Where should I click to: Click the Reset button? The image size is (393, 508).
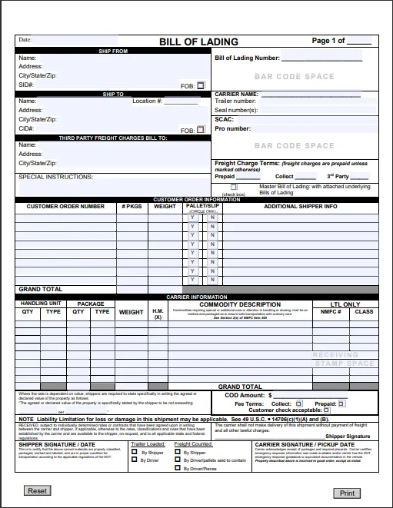(38, 490)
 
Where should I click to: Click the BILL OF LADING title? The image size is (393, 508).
(198, 42)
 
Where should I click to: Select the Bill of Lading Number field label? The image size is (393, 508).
(246, 58)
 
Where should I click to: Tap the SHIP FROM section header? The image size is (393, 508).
(113, 51)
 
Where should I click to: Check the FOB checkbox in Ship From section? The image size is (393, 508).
(201, 85)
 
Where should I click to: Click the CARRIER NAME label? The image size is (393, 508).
(237, 94)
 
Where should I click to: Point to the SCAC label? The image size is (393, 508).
(224, 119)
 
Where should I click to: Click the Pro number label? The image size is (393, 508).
(232, 128)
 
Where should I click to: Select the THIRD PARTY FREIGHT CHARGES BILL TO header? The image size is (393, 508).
(113, 138)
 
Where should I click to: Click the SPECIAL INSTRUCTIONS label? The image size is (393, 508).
(55, 176)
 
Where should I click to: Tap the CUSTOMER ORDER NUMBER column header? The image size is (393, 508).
(65, 206)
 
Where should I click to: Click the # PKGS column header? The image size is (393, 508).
(132, 206)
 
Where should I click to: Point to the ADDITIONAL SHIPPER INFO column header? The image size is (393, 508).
(301, 206)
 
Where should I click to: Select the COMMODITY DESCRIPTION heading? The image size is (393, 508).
(239, 304)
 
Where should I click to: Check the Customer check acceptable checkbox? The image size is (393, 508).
(326, 410)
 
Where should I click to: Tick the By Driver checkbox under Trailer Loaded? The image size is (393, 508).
(134, 460)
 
